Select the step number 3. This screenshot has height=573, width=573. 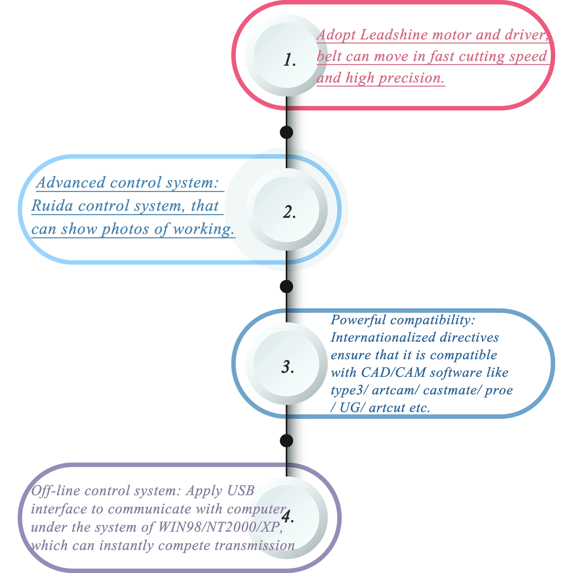pos(288,367)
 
